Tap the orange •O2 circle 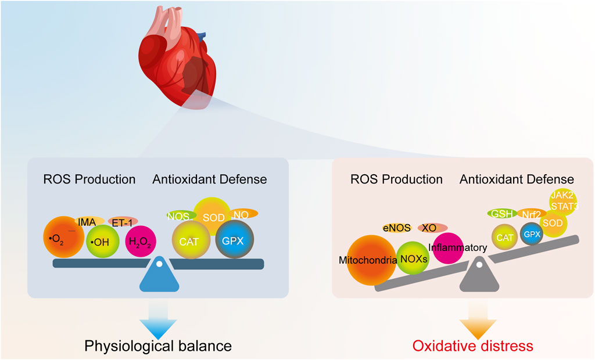[64, 237]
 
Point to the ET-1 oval [123, 221]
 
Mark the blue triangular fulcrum [158, 275]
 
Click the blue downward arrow [158, 316]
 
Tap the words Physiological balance [158, 346]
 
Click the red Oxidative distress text [473, 346]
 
